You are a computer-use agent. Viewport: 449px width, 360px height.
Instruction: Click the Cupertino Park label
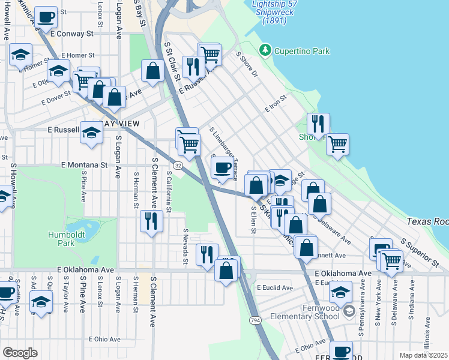(x=302, y=51)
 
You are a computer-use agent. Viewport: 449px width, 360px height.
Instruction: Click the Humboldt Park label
(x=62, y=239)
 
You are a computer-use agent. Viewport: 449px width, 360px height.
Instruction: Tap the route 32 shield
(x=179, y=164)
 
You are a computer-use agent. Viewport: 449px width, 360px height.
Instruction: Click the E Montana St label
(x=84, y=164)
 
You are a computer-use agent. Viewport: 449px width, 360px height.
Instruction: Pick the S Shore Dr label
(x=246, y=66)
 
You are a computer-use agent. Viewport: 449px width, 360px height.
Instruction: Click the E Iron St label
(x=276, y=103)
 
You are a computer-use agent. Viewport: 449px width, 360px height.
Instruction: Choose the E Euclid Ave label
(x=274, y=288)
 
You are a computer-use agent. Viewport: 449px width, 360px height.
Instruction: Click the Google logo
(x=20, y=352)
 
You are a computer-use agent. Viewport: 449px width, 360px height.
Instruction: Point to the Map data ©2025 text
(x=423, y=355)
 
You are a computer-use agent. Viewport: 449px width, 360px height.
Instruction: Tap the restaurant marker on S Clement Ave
(x=151, y=221)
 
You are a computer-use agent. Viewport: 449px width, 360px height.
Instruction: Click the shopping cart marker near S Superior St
(x=391, y=260)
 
